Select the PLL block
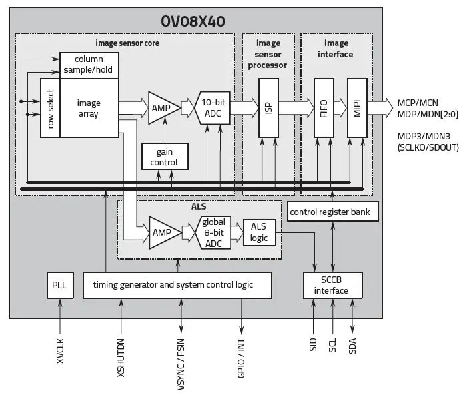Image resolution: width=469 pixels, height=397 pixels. point(60,285)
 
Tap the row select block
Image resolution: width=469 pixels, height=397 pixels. point(50,108)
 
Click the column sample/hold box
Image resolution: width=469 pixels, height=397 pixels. point(89,63)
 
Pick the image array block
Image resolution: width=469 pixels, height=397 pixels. point(89,108)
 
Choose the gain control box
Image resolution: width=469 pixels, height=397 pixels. point(164,157)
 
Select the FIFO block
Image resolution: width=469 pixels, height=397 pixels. point(323,108)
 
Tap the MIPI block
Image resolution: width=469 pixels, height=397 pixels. point(357,108)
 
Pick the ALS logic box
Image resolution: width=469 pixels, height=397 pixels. point(258,232)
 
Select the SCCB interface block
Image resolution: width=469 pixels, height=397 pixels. point(331,285)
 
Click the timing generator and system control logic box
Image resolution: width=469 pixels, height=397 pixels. point(177,285)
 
